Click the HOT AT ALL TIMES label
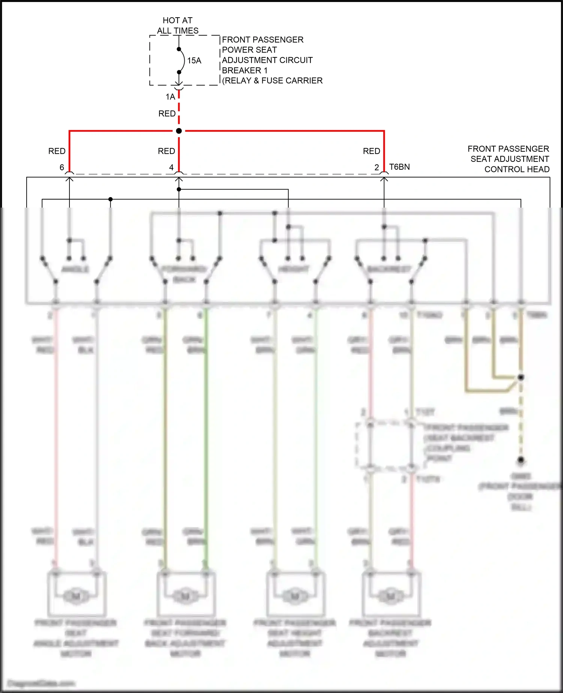[x=178, y=26]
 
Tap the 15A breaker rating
[x=194, y=60]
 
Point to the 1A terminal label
[x=170, y=97]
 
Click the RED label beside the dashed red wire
[x=167, y=113]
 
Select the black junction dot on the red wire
[x=179, y=131]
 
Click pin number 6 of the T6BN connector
[x=62, y=167]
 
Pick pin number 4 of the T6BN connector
[x=172, y=167]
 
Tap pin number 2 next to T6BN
[x=377, y=167]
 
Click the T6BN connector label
[x=399, y=167]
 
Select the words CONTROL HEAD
[x=517, y=169]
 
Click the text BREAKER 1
[x=245, y=71]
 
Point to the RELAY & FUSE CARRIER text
[x=272, y=81]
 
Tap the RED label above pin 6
[x=57, y=151]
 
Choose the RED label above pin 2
[x=372, y=151]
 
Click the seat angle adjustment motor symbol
[x=76, y=596]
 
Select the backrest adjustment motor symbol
[x=390, y=596]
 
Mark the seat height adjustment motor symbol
[x=295, y=596]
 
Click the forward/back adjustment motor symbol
[x=185, y=596]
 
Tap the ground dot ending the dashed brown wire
[x=521, y=459]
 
